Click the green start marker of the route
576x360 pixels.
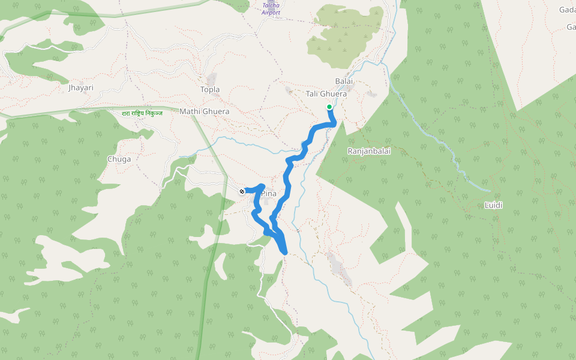329,107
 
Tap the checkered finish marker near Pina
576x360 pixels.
242,191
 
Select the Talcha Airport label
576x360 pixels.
271,9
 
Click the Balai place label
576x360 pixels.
344,81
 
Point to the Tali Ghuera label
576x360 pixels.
326,94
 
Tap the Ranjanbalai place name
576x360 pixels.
369,151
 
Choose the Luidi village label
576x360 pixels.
493,205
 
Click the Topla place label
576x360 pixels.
210,89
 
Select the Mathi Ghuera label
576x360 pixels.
205,112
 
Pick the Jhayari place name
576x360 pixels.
81,88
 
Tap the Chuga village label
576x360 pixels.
118,159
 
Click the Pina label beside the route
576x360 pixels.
268,194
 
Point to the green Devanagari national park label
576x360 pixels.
142,113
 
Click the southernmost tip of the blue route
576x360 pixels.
284,253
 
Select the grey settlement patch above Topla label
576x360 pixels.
211,79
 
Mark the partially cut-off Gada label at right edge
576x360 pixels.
567,10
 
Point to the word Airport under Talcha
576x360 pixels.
271,13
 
